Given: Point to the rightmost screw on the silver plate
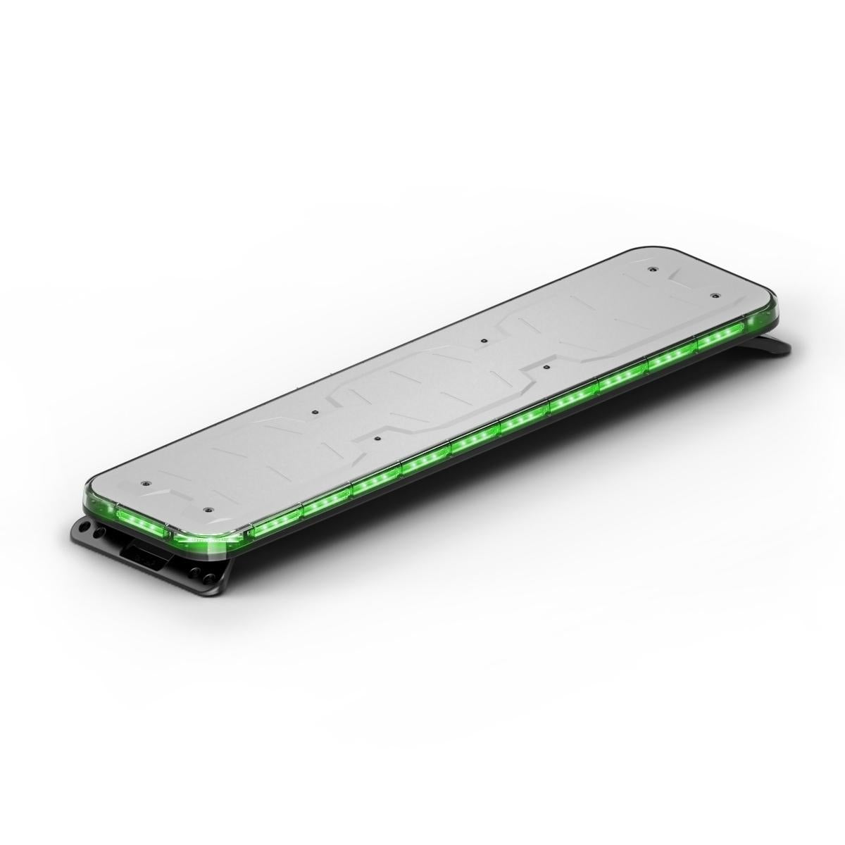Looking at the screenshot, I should click(714, 295).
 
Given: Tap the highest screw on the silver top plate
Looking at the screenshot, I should click(653, 268).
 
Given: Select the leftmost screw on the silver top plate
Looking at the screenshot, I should click(144, 484).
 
